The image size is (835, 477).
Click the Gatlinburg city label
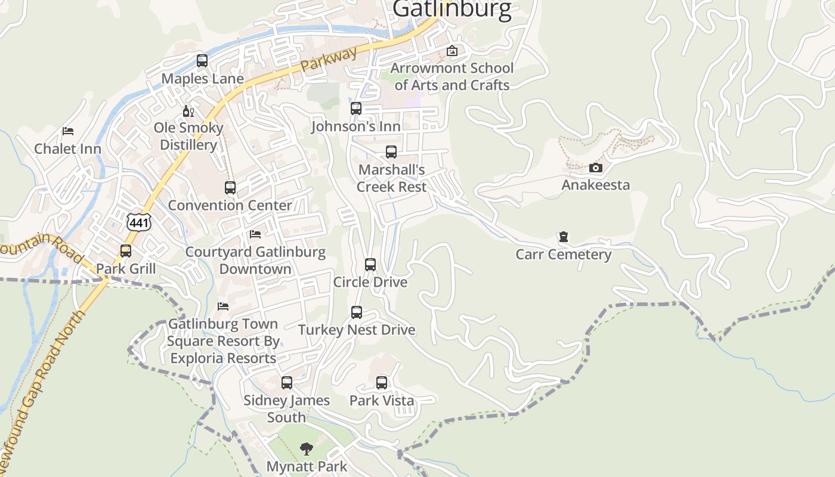point(452,10)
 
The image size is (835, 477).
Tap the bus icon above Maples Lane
point(202,61)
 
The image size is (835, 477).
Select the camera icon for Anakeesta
point(595,168)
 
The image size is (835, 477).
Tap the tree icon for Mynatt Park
point(307,449)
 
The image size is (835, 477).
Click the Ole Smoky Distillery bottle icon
point(188,111)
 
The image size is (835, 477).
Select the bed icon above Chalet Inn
point(68,131)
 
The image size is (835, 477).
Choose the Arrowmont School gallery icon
point(452,51)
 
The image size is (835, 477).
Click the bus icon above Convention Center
point(230,188)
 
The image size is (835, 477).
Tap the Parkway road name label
point(329,59)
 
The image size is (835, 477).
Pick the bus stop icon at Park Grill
point(126,251)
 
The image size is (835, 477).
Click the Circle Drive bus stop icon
point(370,265)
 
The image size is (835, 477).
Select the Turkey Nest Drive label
point(357,330)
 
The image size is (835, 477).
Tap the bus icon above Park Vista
point(382,383)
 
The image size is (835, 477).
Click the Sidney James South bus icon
point(287,383)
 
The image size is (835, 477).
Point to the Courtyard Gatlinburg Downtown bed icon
point(255,234)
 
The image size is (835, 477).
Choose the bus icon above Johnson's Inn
point(356,109)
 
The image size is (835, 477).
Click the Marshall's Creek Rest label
point(391,178)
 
